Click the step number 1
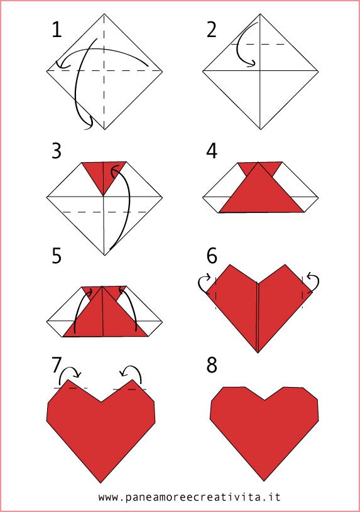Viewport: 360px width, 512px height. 57,30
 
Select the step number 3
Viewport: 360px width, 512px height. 58,151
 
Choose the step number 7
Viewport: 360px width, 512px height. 57,364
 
